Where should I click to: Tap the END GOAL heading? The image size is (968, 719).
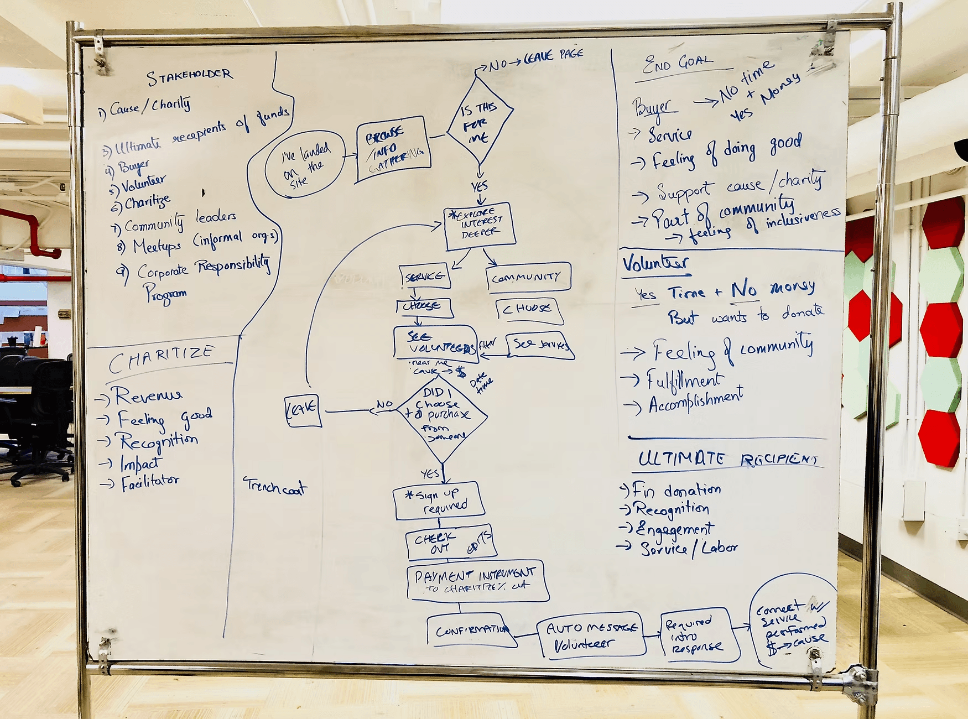coord(677,64)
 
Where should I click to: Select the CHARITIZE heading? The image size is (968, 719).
coord(161,359)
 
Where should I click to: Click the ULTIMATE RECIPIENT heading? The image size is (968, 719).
coord(728,459)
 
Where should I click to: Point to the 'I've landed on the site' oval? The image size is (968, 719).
coord(305,164)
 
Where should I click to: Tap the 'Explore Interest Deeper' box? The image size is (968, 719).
coord(480,225)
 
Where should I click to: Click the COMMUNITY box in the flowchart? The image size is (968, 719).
coord(528,277)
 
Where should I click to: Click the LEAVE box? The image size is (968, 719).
coord(303,410)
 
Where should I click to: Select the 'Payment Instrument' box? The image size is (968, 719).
coord(476,581)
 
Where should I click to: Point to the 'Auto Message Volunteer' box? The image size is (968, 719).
coord(591,635)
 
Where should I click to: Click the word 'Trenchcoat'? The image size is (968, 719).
coord(275,486)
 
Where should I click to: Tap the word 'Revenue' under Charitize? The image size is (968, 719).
coord(148,395)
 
